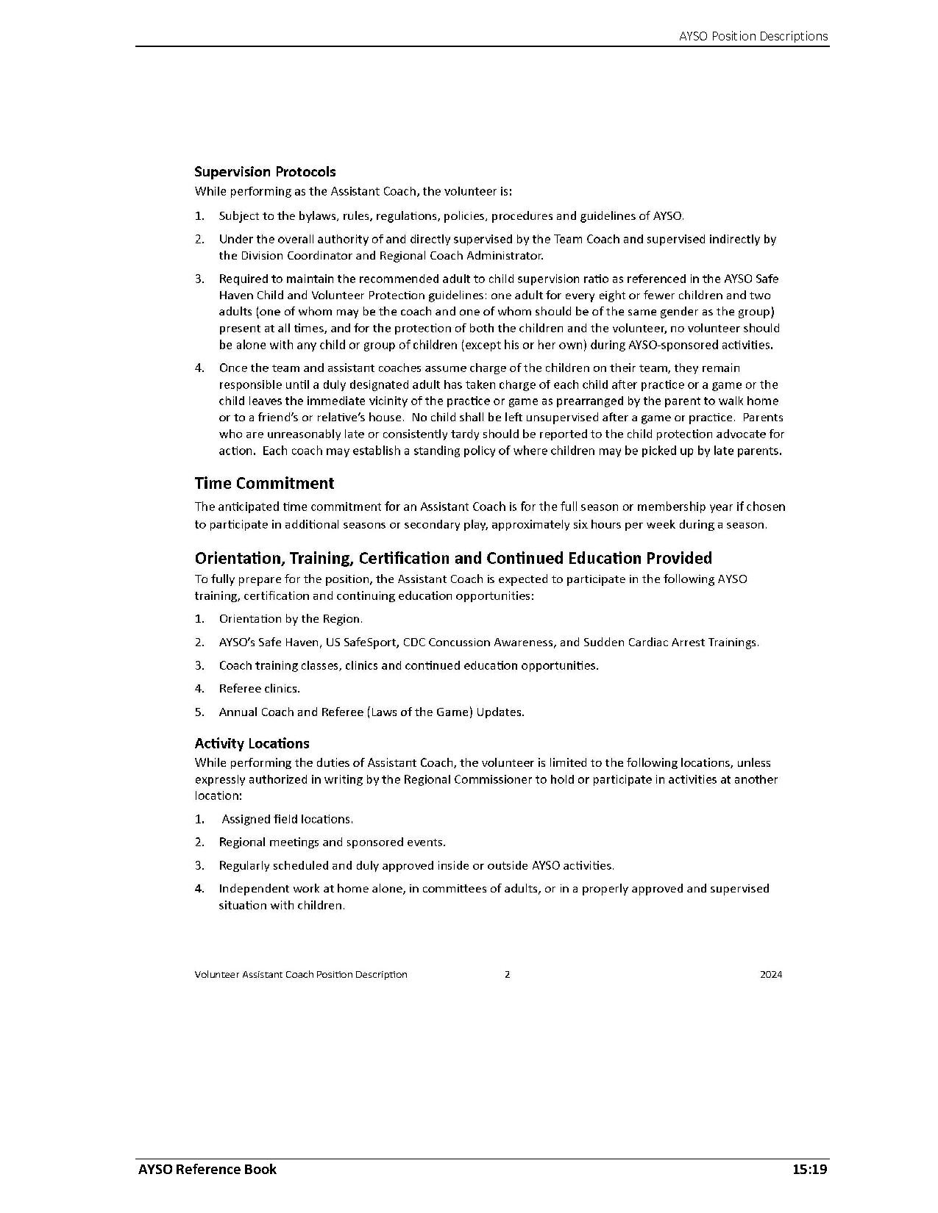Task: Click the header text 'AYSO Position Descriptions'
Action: tap(753, 36)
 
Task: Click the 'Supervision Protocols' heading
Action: tap(265, 171)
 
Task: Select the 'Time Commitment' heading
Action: tap(264, 483)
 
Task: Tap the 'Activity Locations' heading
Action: tap(252, 743)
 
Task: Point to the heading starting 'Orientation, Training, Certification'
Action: tap(453, 558)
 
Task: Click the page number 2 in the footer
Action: tap(507, 974)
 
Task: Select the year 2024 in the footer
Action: tap(771, 974)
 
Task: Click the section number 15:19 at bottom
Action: tap(810, 1169)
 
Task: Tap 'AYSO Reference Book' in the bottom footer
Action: tap(207, 1169)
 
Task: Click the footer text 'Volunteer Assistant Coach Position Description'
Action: tap(301, 974)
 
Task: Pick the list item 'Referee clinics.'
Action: tap(260, 689)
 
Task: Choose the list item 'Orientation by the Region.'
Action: tap(291, 619)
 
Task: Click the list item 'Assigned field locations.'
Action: tap(287, 819)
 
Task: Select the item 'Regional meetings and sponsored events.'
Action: tap(332, 842)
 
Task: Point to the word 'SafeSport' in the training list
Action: tap(372, 642)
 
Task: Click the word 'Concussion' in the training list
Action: tap(461, 642)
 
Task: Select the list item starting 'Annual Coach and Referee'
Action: tap(372, 712)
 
